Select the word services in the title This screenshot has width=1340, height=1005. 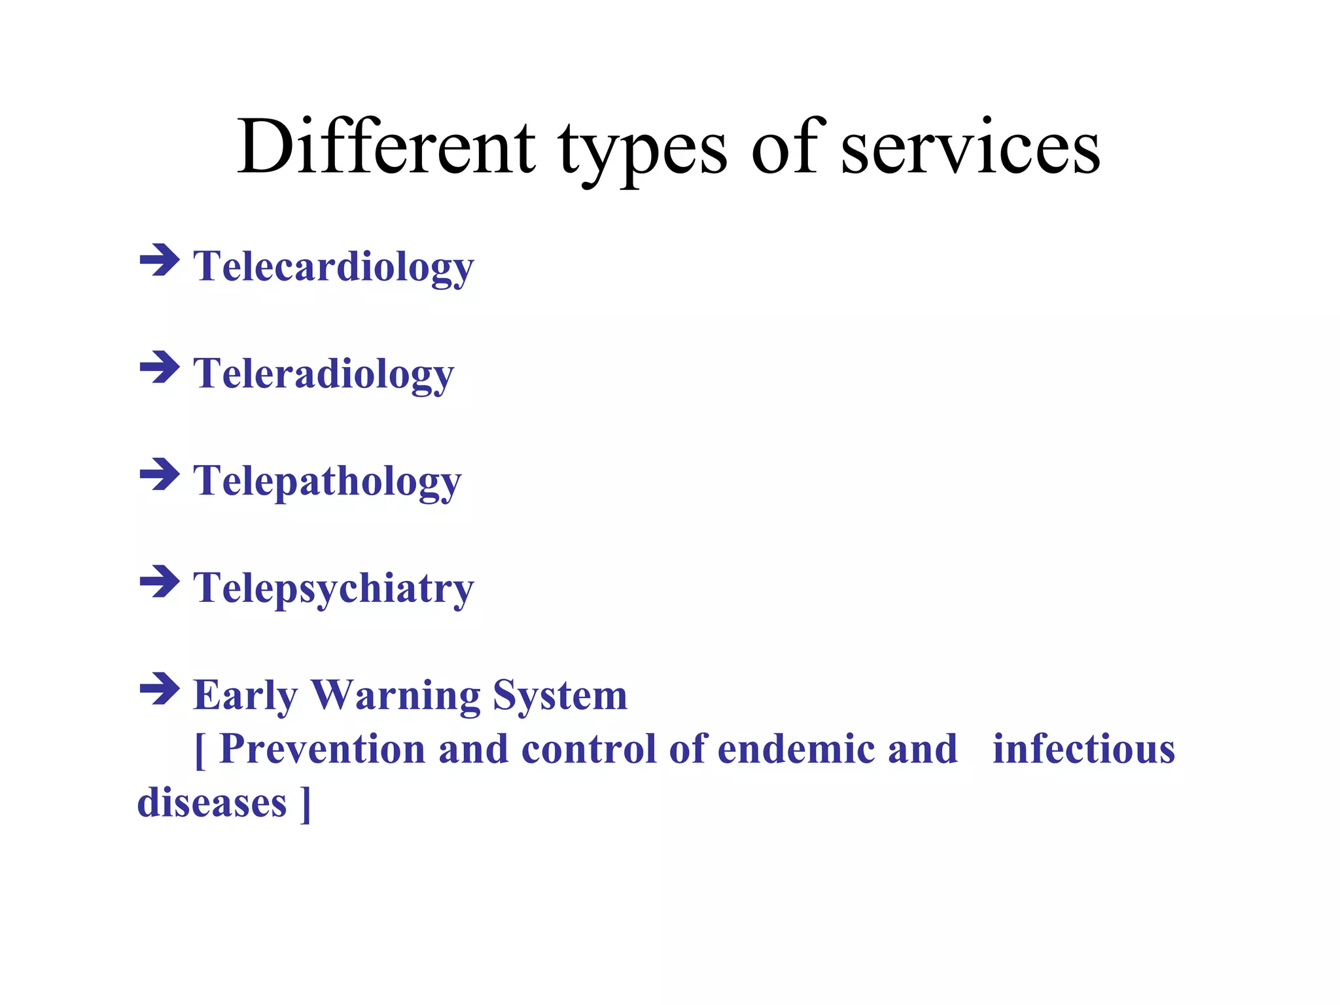970,148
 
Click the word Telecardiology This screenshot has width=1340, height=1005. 333,267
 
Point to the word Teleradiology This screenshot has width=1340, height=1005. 323,374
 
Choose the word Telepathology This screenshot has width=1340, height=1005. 327,482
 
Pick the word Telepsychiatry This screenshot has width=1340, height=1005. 333,588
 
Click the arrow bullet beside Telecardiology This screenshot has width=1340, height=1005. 160,260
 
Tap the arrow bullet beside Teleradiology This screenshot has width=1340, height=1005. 160,367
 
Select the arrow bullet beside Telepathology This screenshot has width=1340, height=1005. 160,474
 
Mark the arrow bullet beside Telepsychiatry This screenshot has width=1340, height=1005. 160,582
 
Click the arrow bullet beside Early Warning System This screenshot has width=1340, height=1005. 160,689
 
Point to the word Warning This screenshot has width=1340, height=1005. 396,695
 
